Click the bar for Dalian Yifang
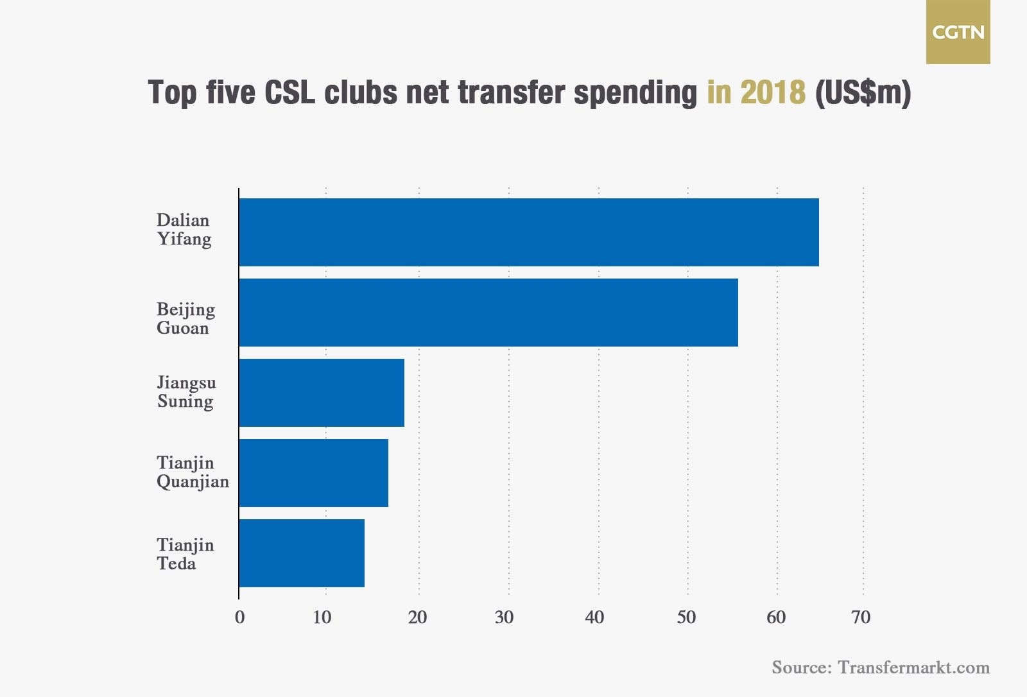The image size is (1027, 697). click(528, 232)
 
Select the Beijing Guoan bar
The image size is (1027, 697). click(488, 313)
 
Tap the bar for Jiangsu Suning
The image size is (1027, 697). click(322, 393)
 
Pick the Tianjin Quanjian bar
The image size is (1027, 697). click(313, 473)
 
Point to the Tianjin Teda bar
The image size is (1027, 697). click(302, 553)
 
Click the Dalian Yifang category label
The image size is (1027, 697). click(184, 230)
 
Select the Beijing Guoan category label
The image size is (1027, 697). click(186, 319)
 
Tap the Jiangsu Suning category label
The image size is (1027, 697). click(186, 392)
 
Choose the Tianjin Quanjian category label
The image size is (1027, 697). click(193, 472)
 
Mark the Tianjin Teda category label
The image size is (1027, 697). click(185, 555)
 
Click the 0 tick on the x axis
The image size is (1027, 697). click(239, 617)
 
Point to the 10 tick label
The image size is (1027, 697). click(322, 617)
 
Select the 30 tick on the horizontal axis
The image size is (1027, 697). click(505, 617)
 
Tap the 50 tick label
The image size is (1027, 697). click(686, 617)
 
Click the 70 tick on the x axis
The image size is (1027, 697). click(861, 617)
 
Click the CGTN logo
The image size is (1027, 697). click(958, 32)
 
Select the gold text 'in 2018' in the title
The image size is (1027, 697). click(756, 92)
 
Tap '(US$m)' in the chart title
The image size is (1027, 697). click(863, 92)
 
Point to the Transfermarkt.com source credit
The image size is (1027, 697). click(881, 667)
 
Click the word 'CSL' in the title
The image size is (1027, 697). click(290, 92)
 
